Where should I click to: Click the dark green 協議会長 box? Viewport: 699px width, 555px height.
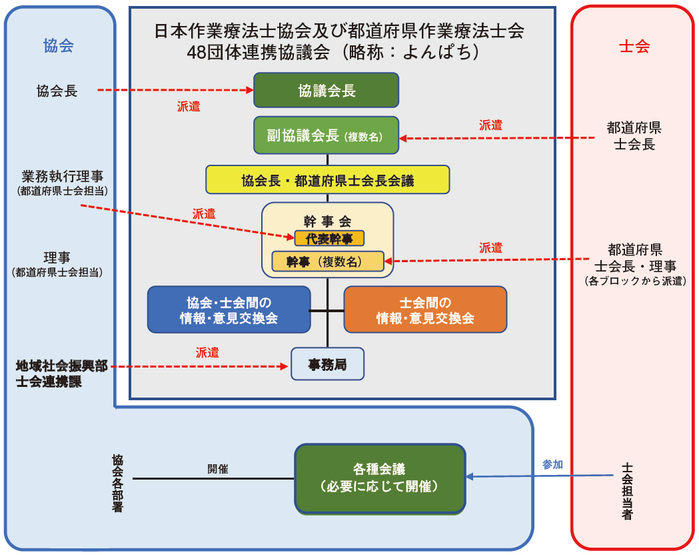click(x=326, y=90)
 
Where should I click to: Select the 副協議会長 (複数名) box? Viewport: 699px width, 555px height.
click(x=326, y=136)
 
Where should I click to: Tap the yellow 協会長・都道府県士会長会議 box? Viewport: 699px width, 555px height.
click(x=327, y=180)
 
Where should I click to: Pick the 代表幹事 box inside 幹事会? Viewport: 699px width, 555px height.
click(x=329, y=238)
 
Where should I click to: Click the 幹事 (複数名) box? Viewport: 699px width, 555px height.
click(x=327, y=261)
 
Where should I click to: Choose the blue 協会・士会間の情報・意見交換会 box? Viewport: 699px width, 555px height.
click(x=229, y=310)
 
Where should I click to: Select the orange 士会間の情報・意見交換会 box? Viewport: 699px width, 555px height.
click(x=425, y=310)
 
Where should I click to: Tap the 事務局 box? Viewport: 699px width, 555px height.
click(x=327, y=364)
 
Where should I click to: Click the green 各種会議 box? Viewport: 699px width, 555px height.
click(x=380, y=478)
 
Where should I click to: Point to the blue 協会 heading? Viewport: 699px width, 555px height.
click(x=58, y=45)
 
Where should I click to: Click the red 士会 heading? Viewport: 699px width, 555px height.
click(x=634, y=46)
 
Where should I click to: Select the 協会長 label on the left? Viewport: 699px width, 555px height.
click(x=57, y=91)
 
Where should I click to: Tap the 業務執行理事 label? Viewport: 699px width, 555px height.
click(x=63, y=177)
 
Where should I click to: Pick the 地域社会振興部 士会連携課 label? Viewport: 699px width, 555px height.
click(x=61, y=374)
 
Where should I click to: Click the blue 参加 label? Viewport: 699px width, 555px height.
click(x=552, y=464)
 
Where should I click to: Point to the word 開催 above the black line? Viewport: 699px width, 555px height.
click(x=217, y=469)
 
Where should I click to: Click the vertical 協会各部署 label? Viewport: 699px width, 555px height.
click(x=118, y=483)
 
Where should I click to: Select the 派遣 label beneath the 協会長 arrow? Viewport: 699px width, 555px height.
click(x=188, y=106)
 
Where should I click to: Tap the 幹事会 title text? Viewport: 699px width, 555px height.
click(x=327, y=222)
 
